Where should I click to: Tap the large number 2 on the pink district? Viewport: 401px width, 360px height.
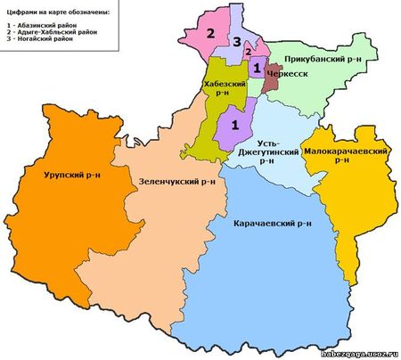(x=211, y=35)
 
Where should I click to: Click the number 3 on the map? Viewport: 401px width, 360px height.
(x=236, y=42)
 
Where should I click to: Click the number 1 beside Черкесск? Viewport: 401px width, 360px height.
(x=257, y=68)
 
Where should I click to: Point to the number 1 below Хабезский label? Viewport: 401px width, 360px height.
(x=236, y=125)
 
